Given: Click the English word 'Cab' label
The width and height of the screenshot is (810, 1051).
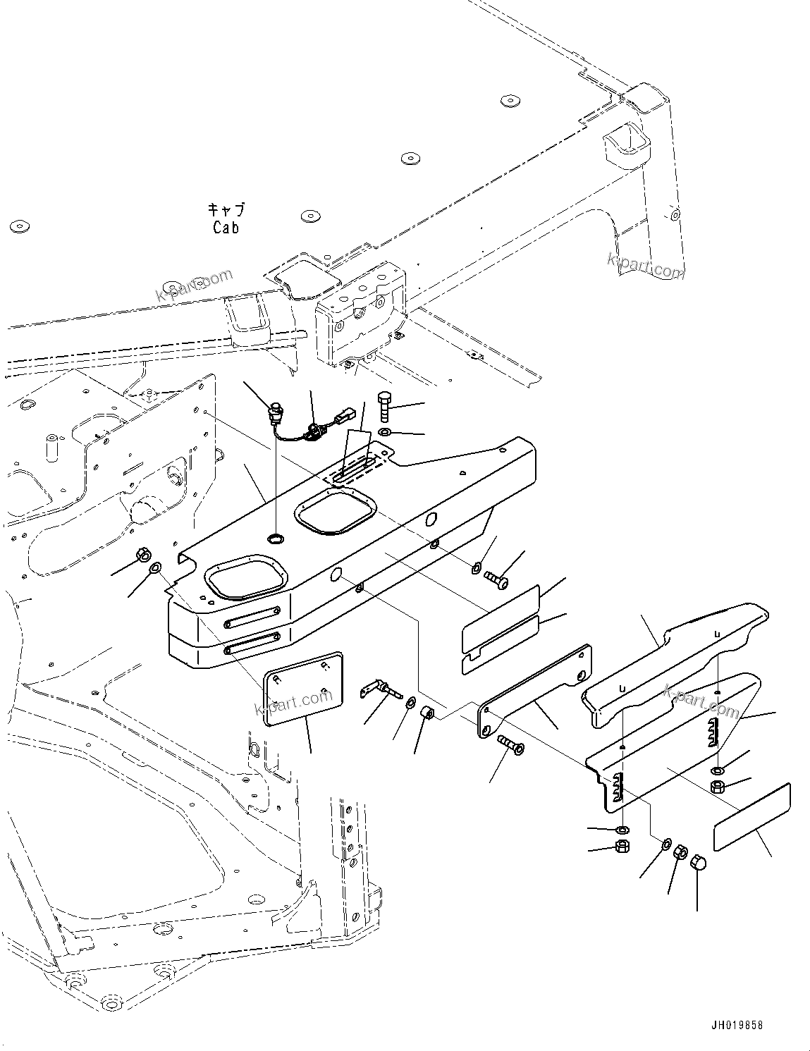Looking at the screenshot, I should coord(226,228).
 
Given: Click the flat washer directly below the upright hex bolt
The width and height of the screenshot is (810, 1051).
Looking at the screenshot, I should coord(384,431).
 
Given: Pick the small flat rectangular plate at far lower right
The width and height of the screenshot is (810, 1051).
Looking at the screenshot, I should coord(751,816).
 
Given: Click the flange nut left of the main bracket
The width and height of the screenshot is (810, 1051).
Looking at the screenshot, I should coord(142,554).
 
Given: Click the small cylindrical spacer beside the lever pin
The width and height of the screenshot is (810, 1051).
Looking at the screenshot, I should coord(427,713).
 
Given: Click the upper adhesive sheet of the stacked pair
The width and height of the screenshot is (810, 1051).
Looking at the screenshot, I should coord(500,613).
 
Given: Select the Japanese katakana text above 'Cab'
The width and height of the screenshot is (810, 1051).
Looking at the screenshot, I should coord(226,210).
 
